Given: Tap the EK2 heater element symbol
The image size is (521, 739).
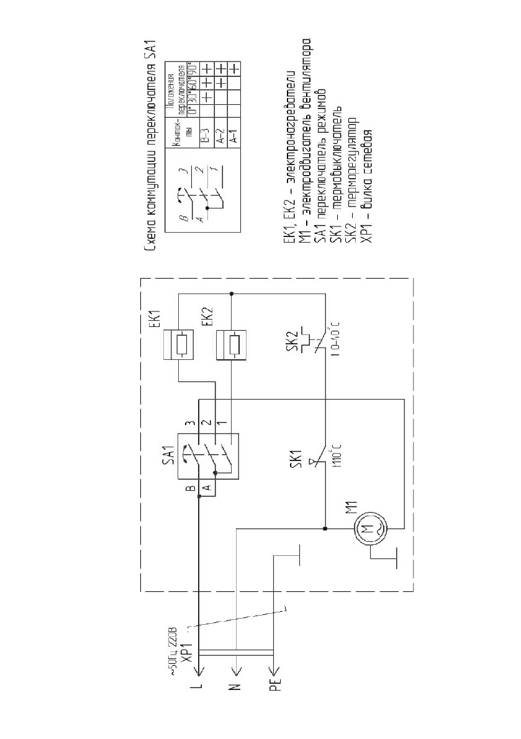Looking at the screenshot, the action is pos(231,345).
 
